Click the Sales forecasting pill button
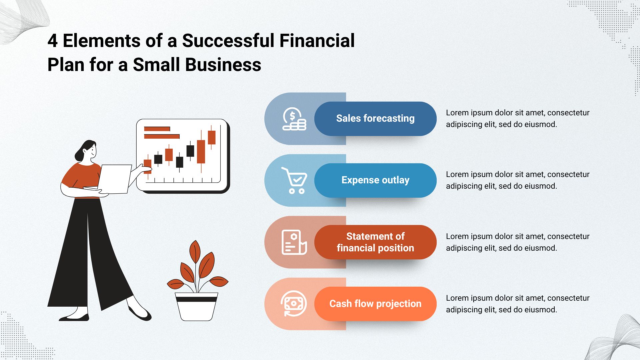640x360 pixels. pyautogui.click(x=375, y=119)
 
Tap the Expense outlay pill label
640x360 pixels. pyautogui.click(x=375, y=180)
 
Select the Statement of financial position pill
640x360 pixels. pyautogui.click(x=375, y=242)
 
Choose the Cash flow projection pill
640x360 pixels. pyautogui.click(x=375, y=304)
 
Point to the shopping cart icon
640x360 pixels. pyautogui.click(x=294, y=180)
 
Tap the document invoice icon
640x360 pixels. pyautogui.click(x=294, y=242)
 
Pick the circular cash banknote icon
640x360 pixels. pyautogui.click(x=294, y=304)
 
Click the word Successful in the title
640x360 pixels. pyautogui.click(x=230, y=41)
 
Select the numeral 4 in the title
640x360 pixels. pyautogui.click(x=53, y=41)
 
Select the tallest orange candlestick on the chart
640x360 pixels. pyautogui.click(x=201, y=151)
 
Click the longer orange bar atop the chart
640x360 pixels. pyautogui.click(x=162, y=136)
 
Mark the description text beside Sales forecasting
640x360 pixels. pyautogui.click(x=518, y=119)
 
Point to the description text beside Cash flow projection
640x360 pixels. pyautogui.click(x=518, y=304)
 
